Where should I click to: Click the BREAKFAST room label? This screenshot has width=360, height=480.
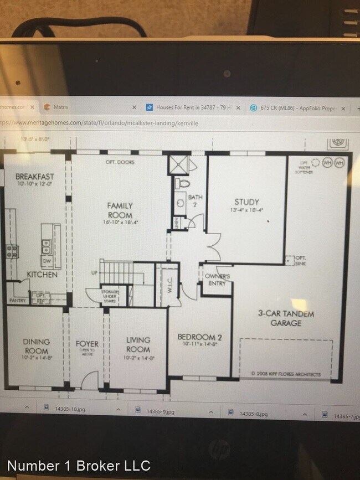click(35, 177)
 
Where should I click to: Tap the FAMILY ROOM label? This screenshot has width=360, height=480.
click(120, 210)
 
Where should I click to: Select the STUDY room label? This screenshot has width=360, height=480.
click(246, 202)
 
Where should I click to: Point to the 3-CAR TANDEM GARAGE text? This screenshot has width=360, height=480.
click(286, 318)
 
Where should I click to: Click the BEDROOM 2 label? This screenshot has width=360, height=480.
click(199, 337)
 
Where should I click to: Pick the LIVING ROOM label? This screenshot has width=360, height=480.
click(138, 344)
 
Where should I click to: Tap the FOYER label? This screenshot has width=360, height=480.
click(87, 344)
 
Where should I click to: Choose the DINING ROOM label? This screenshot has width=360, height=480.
click(36, 346)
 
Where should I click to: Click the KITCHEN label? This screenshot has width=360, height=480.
click(42, 274)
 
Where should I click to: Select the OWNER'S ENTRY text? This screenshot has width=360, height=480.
click(217, 280)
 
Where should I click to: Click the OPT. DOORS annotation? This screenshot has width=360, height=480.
click(120, 162)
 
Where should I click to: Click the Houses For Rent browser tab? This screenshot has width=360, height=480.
click(191, 107)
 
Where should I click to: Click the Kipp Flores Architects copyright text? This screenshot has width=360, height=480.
click(286, 374)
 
